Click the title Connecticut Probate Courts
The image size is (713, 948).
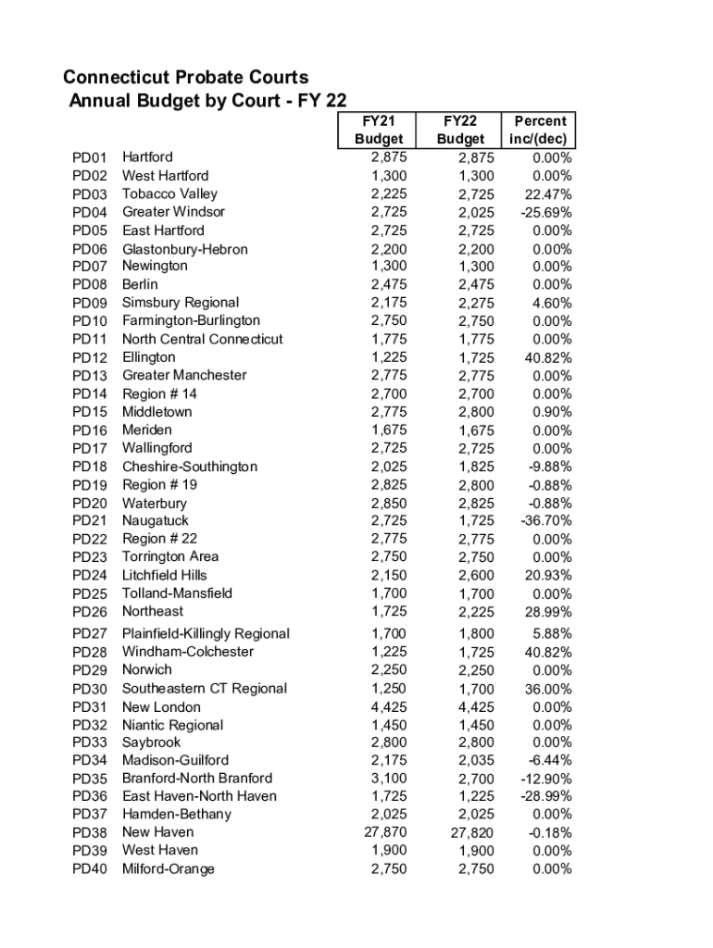[x=185, y=78]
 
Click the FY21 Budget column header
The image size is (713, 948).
[x=379, y=130]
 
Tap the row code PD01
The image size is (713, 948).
[x=90, y=157]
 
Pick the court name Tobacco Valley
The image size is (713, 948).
[x=169, y=193]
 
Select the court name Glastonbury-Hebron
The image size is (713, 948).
[x=185, y=249]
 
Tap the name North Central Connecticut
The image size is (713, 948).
[x=203, y=339]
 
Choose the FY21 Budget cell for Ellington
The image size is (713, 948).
[x=388, y=356]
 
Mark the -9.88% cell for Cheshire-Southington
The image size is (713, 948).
[x=546, y=467]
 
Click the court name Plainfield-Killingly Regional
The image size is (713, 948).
[x=206, y=633]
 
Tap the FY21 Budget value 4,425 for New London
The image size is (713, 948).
[x=388, y=706]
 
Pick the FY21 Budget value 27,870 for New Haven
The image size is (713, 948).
[x=384, y=831]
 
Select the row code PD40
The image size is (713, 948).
[x=90, y=869]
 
